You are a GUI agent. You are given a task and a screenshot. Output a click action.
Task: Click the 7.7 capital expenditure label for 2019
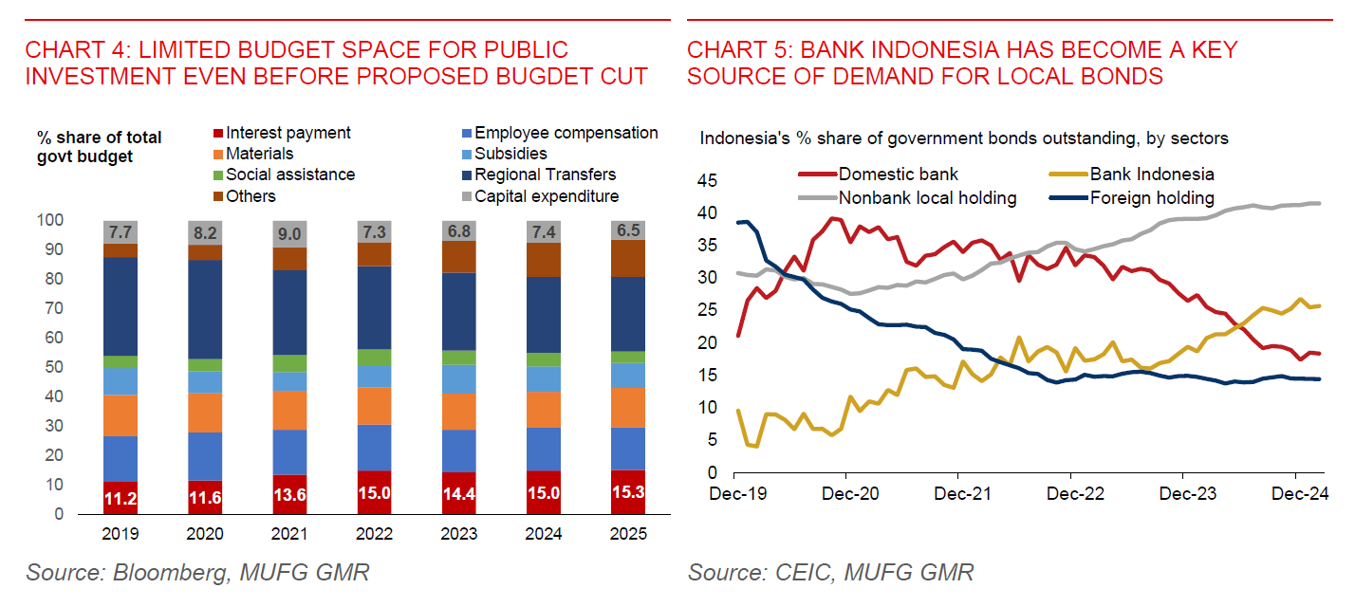(x=121, y=232)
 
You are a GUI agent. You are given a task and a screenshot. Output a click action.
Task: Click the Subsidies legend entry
(x=510, y=154)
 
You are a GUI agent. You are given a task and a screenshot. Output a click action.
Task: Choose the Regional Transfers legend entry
(x=545, y=175)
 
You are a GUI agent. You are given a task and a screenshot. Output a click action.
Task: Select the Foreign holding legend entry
(x=1151, y=198)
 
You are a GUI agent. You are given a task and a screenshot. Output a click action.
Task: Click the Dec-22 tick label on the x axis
(x=1070, y=494)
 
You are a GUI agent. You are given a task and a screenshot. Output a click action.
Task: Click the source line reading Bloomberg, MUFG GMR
(x=197, y=573)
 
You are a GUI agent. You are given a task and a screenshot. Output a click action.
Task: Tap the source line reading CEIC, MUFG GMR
(x=831, y=573)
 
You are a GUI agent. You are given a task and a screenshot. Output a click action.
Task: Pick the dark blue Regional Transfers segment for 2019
(x=121, y=305)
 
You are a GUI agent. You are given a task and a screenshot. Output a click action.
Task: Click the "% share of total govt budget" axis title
(x=100, y=147)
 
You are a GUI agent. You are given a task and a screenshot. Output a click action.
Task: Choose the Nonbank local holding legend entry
(x=927, y=198)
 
